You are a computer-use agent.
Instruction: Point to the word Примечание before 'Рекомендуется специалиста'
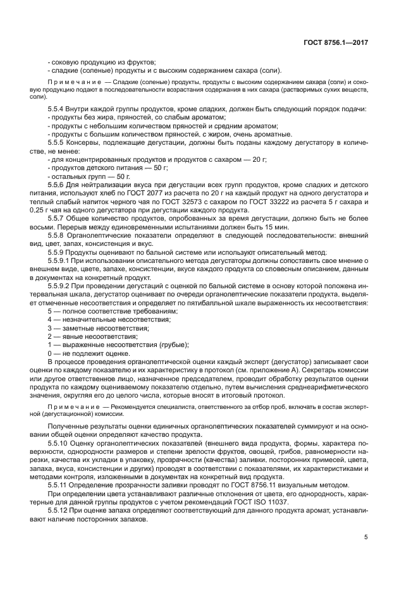tap(72, 403)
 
